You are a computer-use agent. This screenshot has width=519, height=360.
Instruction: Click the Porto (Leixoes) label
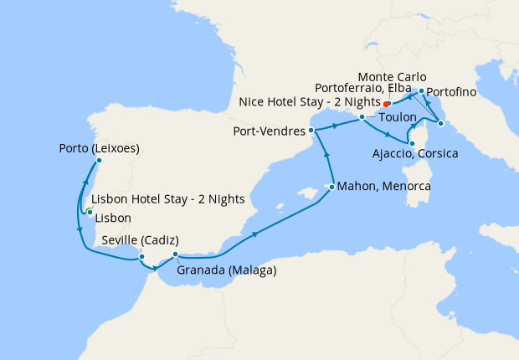click(x=99, y=149)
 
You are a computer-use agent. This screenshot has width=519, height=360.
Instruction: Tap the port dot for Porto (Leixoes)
click(x=99, y=160)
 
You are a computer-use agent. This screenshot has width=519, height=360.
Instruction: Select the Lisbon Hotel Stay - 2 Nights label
click(x=167, y=199)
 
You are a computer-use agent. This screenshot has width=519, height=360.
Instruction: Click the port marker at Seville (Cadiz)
click(x=141, y=256)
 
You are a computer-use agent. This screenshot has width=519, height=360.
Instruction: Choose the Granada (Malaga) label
click(x=227, y=270)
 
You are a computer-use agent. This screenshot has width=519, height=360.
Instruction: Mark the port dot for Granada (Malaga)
click(x=175, y=255)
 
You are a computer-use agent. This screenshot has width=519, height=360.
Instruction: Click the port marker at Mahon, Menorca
click(x=332, y=186)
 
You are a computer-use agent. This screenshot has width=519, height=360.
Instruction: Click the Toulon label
click(x=397, y=118)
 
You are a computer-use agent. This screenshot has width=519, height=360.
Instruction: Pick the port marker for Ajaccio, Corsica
click(x=412, y=144)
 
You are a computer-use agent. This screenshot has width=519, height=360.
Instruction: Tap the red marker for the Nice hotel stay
click(x=387, y=104)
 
